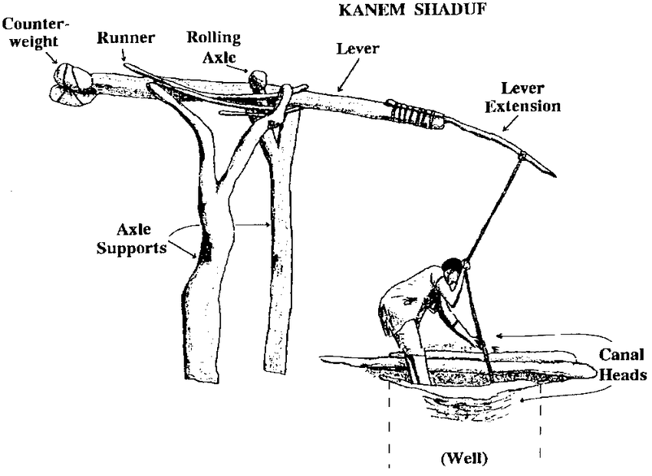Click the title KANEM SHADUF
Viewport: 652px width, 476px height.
coord(412,9)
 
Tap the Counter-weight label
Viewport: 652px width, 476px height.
coord(34,32)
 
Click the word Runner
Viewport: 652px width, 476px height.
coord(126,38)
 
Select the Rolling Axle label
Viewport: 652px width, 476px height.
coord(214,47)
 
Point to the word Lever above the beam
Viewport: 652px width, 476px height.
coord(357,48)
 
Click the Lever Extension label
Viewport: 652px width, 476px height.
coord(522,97)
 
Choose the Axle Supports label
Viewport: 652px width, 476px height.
coord(131,238)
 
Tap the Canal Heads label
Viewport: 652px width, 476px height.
coord(622,364)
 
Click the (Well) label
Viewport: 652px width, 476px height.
coord(464,458)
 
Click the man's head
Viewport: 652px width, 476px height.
coord(452,271)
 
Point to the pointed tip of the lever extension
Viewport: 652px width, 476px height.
coord(555,176)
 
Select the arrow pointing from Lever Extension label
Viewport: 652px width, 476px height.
coord(511,123)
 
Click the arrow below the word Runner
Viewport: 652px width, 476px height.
coord(123,54)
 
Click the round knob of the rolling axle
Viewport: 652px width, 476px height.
coord(258,78)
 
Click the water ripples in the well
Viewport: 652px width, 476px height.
coord(461,404)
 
